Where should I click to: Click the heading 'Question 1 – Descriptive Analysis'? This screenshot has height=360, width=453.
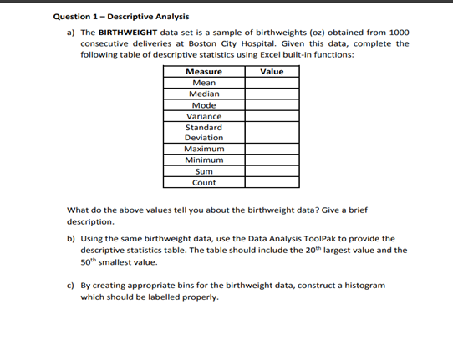120,17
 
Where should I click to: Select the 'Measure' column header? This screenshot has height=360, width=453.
203,72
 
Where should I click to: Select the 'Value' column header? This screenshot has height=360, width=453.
272,72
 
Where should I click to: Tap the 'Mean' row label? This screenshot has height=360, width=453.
203,83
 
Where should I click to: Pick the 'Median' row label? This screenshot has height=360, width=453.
203,94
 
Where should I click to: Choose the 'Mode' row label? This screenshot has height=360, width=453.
203,105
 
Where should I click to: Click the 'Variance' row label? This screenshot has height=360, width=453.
203,116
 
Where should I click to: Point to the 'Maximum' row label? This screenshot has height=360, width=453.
203,149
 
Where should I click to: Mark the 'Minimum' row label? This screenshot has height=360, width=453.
203,160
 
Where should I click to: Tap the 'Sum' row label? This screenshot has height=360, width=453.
203,170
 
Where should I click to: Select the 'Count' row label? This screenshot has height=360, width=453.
203,182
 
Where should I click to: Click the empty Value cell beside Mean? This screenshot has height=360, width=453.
272,83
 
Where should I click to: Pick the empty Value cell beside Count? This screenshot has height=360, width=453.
272,182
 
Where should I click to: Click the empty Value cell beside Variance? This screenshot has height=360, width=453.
272,116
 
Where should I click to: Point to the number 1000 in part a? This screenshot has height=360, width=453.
398,32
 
